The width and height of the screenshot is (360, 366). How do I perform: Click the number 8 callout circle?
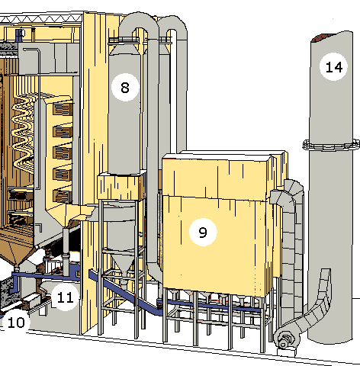pos(125,88)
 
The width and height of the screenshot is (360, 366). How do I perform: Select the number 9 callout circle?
pos(203,232)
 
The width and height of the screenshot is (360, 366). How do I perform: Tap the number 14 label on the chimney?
pos(333,67)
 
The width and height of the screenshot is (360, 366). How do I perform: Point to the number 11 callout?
pos(66,297)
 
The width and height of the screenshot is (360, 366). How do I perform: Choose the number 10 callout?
pos(16,323)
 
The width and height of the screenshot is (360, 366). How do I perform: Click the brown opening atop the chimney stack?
pos(322,37)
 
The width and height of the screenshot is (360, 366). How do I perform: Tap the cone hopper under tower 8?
pos(123,265)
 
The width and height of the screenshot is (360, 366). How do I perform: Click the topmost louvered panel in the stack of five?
pos(63,109)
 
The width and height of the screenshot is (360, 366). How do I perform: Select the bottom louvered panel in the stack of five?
pos(63,195)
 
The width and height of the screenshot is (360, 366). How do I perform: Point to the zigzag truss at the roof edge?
pos(40,18)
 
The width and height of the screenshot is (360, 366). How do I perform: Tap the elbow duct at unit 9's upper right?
pos(288,194)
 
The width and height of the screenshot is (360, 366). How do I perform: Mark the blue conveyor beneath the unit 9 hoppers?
pos(208,306)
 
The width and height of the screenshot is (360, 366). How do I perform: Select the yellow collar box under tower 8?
pos(121,186)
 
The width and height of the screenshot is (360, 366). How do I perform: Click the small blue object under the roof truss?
pos(19,35)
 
